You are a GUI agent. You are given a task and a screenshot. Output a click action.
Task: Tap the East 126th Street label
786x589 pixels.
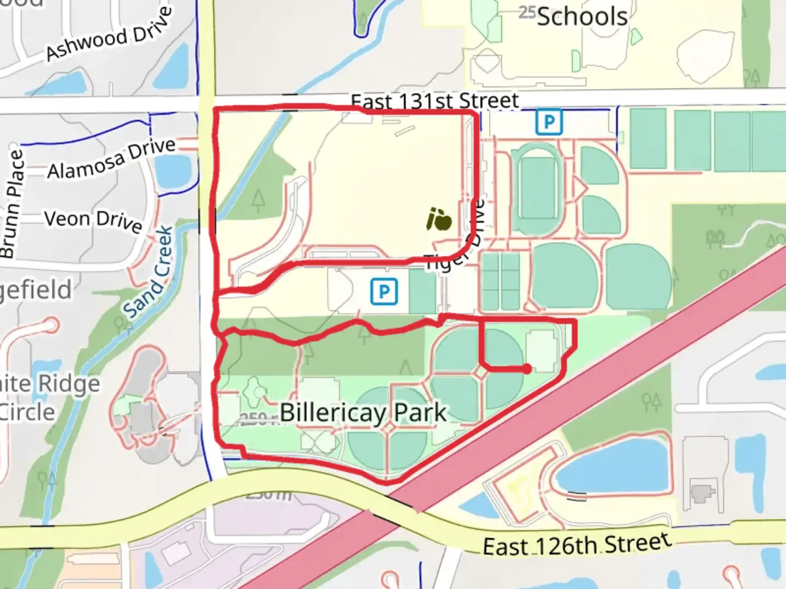click(577, 544)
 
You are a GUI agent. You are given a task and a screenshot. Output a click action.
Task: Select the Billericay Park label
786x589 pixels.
click(363, 413)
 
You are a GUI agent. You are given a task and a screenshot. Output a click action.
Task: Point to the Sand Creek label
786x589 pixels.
click(148, 272)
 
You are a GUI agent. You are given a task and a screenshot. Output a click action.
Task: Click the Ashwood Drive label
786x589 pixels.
click(109, 34)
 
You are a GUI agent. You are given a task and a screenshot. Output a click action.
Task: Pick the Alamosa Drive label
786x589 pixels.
click(111, 159)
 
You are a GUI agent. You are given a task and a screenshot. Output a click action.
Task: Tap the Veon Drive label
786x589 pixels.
click(93, 220)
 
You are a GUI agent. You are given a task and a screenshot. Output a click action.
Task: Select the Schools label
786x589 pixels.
click(582, 17)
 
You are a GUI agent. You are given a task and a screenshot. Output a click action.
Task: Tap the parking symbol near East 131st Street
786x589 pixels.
click(549, 122)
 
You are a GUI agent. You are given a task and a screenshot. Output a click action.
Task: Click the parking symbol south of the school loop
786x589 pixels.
click(384, 291)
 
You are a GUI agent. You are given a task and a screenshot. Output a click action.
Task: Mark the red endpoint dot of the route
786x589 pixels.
click(526, 369)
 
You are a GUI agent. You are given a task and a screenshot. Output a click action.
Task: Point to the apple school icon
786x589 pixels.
click(439, 219)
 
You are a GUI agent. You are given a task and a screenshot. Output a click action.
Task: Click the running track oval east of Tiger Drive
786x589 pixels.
click(535, 189)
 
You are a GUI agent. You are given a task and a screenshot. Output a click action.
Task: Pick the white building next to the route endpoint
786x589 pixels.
click(542, 352)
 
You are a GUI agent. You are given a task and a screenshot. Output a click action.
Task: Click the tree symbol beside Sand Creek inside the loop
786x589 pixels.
click(259, 200)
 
